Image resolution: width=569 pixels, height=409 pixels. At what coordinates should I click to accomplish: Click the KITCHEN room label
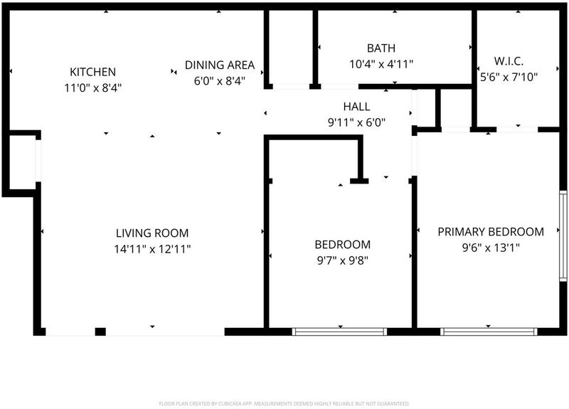93,72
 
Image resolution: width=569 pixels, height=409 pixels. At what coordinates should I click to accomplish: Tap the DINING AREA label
220,65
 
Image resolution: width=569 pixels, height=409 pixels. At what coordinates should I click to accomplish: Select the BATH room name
381,48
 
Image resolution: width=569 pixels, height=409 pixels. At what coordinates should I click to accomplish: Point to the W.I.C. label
509,61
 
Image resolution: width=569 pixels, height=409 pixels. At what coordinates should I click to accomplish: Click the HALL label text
357,106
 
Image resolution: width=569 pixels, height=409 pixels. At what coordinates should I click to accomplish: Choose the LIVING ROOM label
152,233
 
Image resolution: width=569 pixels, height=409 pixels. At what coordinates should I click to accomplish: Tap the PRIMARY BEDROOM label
491,232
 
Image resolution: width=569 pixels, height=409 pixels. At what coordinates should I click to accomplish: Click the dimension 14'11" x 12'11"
152,250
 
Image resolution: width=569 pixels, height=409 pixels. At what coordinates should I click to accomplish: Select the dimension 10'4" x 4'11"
381,64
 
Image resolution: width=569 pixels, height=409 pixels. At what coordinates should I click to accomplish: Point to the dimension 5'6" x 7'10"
509,77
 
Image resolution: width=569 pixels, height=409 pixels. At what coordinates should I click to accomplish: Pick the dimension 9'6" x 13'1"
491,248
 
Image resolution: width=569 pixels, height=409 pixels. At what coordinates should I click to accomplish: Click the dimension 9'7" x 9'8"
343,260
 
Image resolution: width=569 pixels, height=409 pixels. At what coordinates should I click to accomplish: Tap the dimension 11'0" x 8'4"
93,87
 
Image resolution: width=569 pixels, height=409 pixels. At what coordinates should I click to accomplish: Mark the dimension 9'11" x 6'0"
357,122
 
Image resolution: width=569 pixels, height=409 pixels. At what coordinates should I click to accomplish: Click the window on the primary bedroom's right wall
563,236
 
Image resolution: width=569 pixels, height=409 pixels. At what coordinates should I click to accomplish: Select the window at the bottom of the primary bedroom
489,331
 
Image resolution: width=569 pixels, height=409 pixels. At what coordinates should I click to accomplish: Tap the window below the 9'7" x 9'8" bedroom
340,331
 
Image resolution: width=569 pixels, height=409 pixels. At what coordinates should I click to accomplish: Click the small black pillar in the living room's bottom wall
100,331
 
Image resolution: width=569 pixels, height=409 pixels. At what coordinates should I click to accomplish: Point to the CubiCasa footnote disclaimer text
284,403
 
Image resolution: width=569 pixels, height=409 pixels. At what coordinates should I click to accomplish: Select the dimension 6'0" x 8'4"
220,81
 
